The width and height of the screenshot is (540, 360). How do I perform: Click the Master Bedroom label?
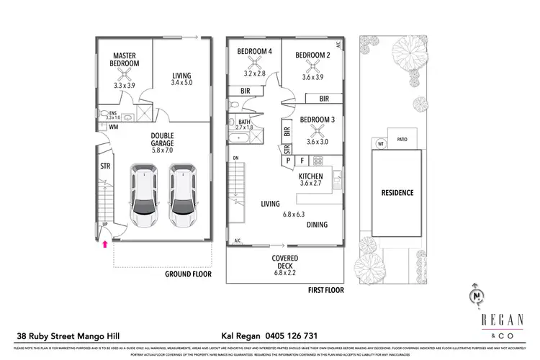[126, 59]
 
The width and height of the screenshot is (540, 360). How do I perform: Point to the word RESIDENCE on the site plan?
[396, 193]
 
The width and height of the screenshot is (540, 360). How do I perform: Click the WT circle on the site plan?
[381, 144]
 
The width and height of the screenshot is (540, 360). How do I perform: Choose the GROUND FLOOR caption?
[187, 274]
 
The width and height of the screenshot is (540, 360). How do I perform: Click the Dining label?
[317, 225]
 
